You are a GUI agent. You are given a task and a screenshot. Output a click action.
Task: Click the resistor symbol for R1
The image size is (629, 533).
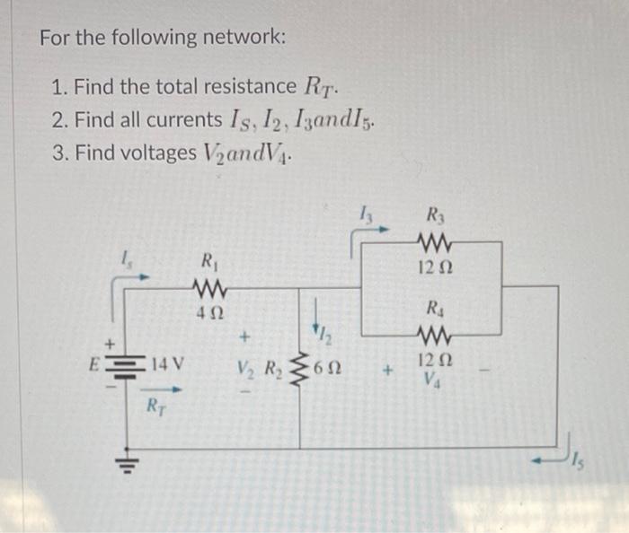(x=209, y=289)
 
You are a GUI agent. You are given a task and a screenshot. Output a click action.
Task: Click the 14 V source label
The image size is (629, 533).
(x=167, y=365)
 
